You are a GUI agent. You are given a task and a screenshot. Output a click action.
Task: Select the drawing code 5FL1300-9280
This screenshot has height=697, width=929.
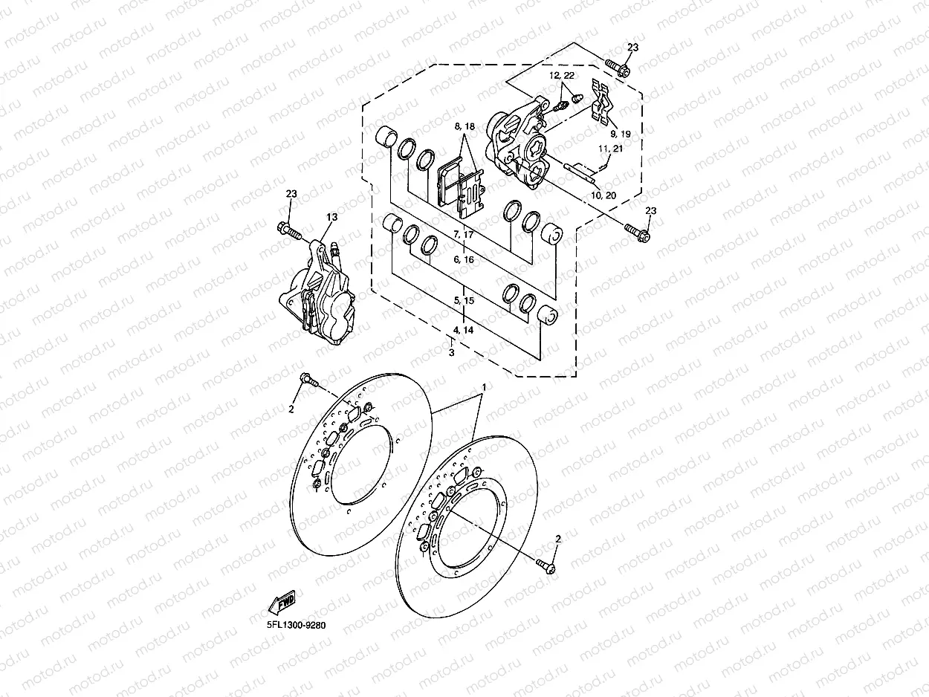297,625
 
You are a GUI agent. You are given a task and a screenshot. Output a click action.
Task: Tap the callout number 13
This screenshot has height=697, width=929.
332,217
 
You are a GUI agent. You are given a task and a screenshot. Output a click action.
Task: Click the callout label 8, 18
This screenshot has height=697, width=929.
464,126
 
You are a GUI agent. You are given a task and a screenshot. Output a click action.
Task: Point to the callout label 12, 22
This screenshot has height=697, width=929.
562,75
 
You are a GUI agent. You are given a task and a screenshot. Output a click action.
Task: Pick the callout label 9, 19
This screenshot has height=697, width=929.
621,134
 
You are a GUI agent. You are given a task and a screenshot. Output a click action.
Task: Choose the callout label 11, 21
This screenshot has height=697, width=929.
611,149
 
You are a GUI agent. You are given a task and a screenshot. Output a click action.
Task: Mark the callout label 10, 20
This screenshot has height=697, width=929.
603,195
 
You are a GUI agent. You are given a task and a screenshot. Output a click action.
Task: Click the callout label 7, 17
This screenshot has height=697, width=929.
464,234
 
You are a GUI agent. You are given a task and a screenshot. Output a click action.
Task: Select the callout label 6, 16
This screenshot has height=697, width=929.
464,259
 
